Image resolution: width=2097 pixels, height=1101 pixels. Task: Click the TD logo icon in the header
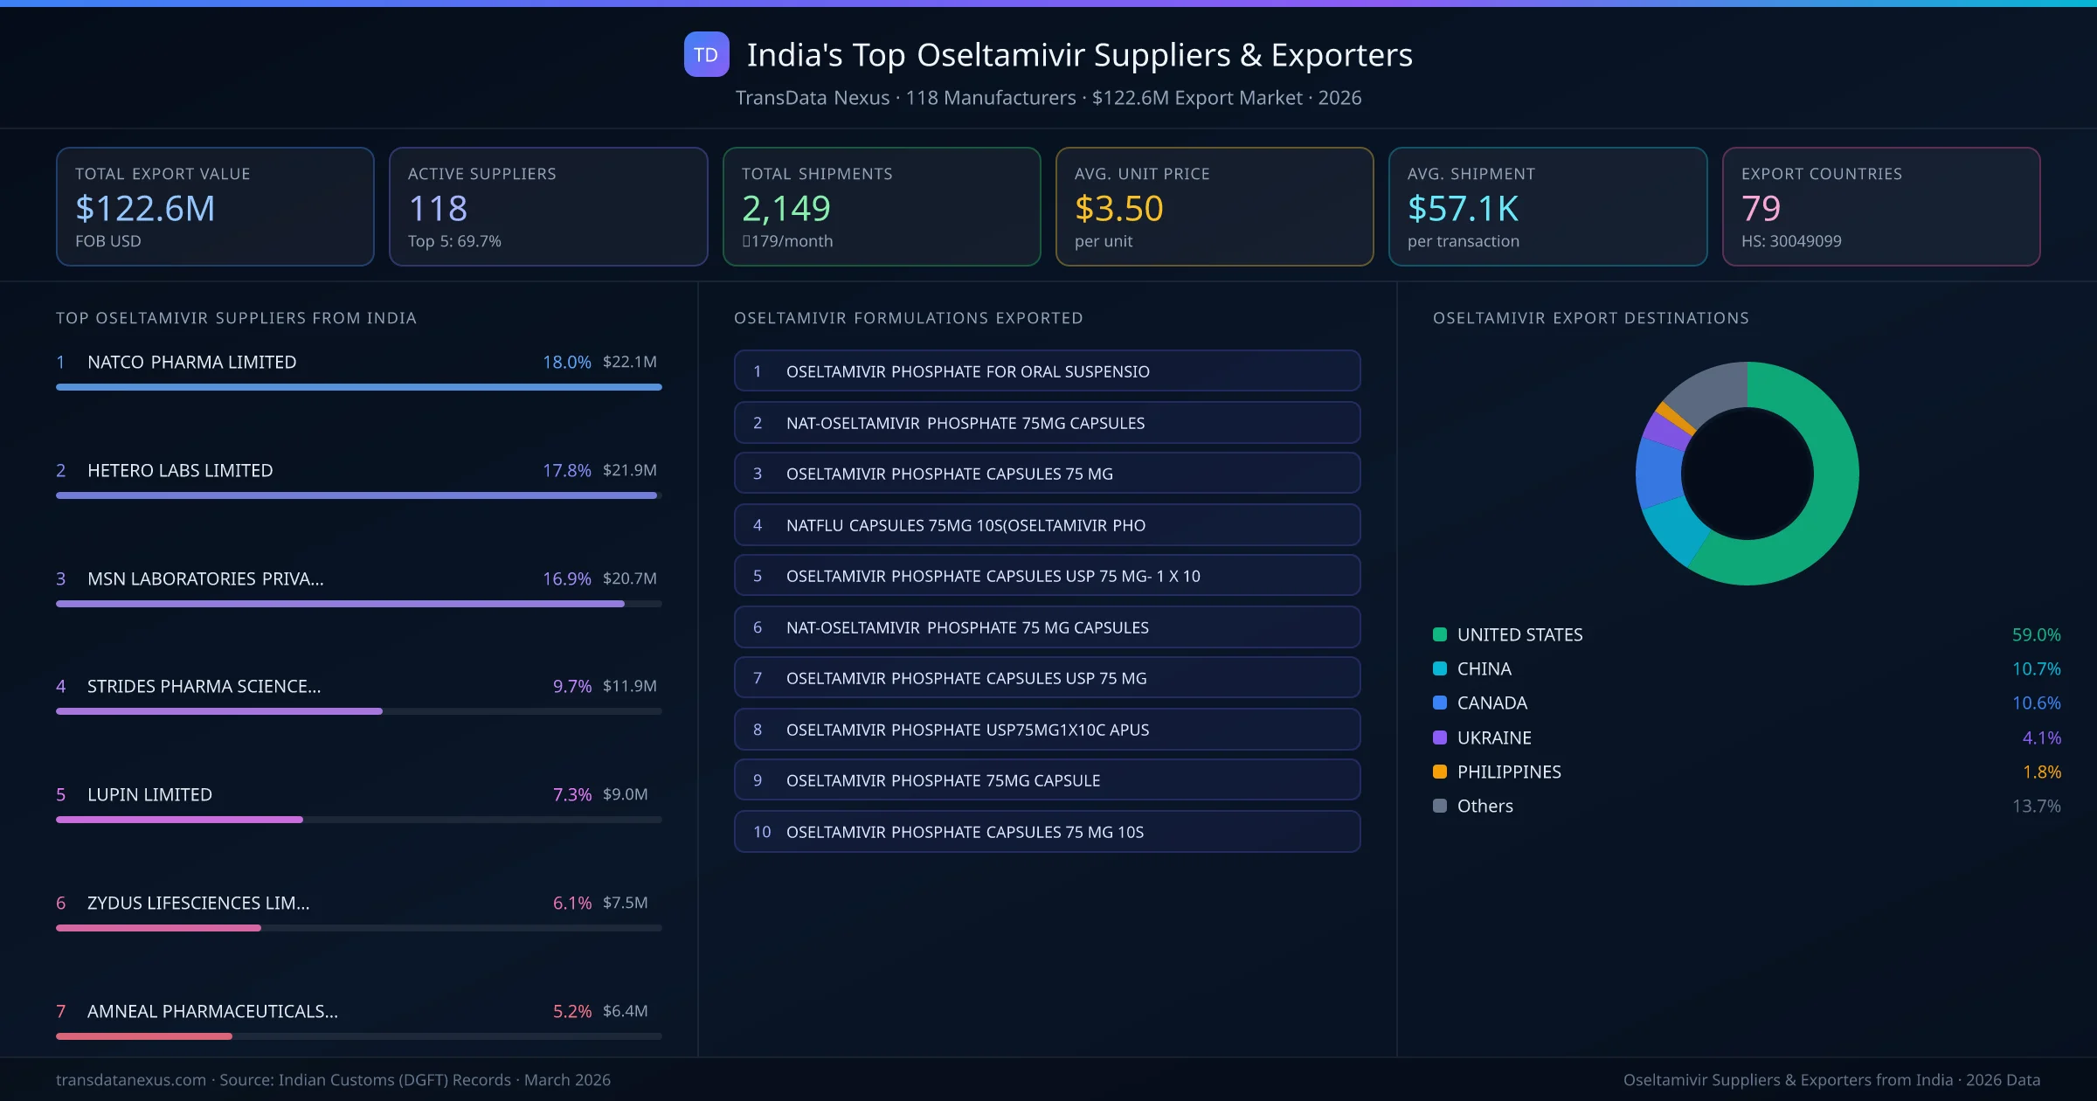[706, 55]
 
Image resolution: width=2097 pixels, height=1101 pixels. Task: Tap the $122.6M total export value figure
[145, 209]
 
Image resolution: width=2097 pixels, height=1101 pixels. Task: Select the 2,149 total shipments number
[786, 209]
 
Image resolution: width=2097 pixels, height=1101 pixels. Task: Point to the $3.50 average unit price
[1118, 209]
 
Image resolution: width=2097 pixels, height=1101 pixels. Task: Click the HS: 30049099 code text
[1790, 241]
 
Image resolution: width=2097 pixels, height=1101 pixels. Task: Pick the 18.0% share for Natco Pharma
[566, 362]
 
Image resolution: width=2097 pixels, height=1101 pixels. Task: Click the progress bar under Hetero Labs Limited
[356, 495]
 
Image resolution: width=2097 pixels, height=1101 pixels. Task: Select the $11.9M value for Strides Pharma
[629, 686]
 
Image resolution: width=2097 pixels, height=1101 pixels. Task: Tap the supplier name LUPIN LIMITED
[149, 794]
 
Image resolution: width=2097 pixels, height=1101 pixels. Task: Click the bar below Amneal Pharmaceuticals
[144, 1036]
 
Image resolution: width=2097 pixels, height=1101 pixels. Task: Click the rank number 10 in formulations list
[761, 832]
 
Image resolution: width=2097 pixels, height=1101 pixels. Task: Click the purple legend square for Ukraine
[1440, 737]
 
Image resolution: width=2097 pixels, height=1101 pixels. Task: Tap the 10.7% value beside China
[2036, 668]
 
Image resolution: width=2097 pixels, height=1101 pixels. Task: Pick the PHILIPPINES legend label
[1508, 772]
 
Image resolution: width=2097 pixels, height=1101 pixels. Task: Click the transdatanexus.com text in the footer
[131, 1080]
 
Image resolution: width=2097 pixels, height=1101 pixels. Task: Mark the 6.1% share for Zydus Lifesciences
[571, 903]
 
